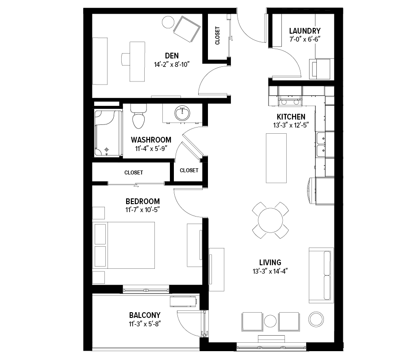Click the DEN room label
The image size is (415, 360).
[x=172, y=56]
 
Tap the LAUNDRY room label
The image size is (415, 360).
[x=305, y=31]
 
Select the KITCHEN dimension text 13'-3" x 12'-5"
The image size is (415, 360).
[x=291, y=125]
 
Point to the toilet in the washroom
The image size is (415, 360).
[x=138, y=116]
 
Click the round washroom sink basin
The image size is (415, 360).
[x=182, y=113]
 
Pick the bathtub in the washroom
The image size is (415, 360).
[x=108, y=133]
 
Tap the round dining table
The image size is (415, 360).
[x=270, y=220]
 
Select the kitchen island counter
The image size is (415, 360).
[x=276, y=158]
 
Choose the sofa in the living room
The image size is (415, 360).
[x=321, y=275]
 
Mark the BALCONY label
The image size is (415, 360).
[x=145, y=315]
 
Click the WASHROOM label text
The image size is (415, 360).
[x=151, y=139]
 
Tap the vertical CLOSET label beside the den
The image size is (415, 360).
[x=217, y=35]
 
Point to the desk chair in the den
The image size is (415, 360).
[x=126, y=59]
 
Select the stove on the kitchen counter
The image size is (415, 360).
[x=290, y=101]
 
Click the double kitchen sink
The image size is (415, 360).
[x=321, y=145]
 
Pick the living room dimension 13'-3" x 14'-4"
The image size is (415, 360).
[x=270, y=271]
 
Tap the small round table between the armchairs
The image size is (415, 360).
[x=270, y=321]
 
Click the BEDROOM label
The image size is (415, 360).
[x=142, y=201]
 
